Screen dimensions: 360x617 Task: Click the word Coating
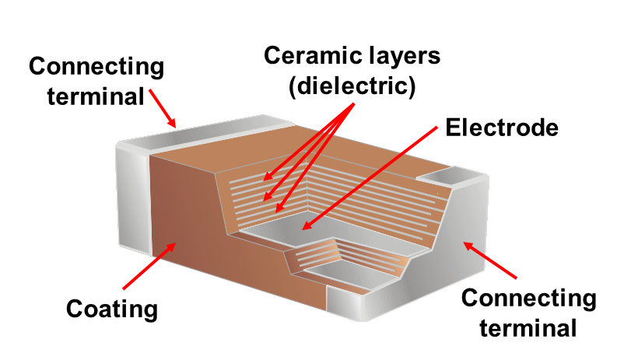pyautogui.click(x=112, y=309)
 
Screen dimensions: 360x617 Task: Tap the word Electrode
pyautogui.click(x=502, y=128)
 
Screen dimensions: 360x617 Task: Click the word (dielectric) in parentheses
pyautogui.click(x=351, y=86)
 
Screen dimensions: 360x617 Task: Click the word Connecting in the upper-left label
pyautogui.click(x=96, y=67)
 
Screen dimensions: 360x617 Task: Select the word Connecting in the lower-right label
pyautogui.click(x=529, y=299)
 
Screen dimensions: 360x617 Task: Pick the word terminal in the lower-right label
pyautogui.click(x=528, y=327)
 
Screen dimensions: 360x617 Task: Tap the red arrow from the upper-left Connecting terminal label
pyautogui.click(x=163, y=107)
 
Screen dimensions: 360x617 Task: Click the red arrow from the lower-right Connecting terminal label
pyautogui.click(x=490, y=260)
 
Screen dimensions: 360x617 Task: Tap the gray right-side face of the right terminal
pyautogui.click(x=451, y=249)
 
